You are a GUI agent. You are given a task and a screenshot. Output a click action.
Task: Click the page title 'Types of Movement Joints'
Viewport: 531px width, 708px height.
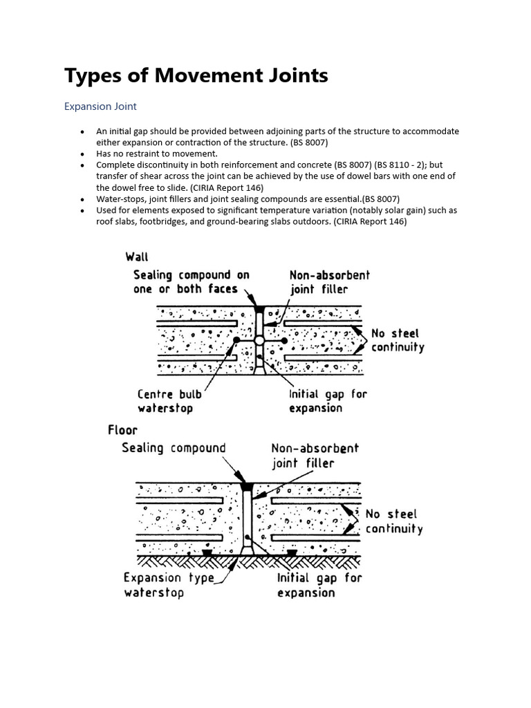click(196, 75)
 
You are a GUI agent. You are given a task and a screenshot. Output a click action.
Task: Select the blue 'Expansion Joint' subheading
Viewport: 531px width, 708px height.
click(100, 106)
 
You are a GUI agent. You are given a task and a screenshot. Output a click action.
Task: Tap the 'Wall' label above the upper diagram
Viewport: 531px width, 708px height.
click(137, 257)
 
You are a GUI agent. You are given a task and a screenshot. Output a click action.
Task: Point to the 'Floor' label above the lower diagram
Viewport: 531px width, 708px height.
click(122, 430)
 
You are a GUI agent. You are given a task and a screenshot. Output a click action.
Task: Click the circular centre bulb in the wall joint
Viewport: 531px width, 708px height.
click(259, 340)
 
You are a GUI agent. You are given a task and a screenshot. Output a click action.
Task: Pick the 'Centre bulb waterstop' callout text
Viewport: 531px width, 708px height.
click(170, 401)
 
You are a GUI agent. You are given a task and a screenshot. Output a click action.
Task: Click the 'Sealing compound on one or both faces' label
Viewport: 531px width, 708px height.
click(191, 282)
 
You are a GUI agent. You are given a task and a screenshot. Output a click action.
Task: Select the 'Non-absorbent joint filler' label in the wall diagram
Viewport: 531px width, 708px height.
click(330, 282)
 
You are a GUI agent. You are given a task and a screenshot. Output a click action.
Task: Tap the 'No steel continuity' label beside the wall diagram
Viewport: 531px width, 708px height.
click(397, 340)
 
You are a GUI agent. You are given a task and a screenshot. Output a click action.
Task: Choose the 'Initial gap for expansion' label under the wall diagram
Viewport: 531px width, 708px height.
click(328, 401)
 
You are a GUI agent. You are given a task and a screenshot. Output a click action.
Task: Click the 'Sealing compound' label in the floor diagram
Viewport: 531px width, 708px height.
click(174, 448)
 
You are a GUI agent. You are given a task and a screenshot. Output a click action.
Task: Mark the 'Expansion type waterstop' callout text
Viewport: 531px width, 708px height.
click(169, 585)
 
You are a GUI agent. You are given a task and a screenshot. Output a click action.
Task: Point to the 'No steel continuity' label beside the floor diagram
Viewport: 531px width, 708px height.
click(393, 521)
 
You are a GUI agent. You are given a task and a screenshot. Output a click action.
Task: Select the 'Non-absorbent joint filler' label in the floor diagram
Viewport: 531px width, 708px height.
click(315, 455)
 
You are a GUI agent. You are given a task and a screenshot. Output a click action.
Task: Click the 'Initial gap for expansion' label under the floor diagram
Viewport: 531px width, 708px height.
click(319, 585)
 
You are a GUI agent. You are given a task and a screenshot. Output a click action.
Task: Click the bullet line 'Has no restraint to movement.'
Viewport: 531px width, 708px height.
click(157, 153)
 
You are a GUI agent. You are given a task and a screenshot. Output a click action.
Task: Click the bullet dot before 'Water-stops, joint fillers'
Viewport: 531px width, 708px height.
click(82, 199)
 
